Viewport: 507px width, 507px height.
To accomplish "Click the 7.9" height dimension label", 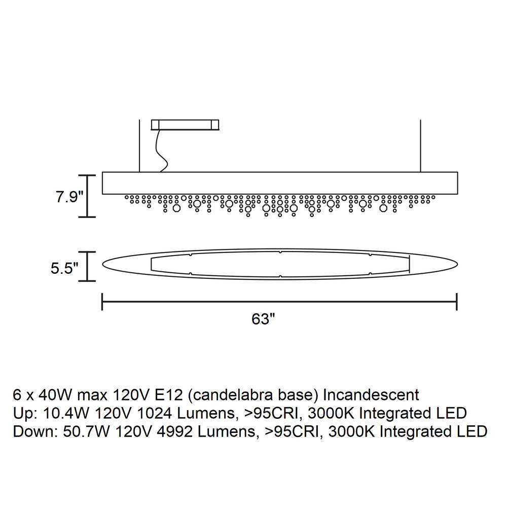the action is tap(69, 197).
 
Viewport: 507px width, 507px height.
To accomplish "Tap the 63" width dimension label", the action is tap(263, 319).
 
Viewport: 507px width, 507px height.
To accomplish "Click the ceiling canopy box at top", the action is tap(185, 125).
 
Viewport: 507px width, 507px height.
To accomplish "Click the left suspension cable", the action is tap(139, 146).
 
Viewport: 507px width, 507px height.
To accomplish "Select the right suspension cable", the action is tap(420, 146).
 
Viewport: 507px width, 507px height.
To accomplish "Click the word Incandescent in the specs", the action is tap(371, 395).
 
